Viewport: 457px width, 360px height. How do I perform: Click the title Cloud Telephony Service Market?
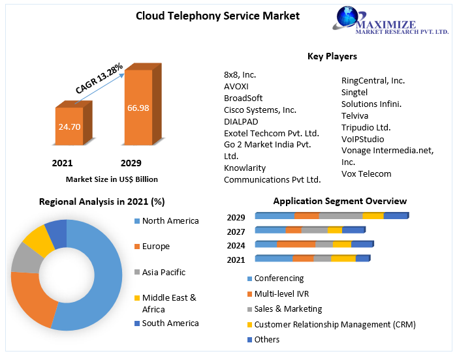[x=217, y=16]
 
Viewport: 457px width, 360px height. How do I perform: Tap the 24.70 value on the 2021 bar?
[x=69, y=127]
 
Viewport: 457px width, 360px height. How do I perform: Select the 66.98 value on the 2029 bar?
[x=138, y=108]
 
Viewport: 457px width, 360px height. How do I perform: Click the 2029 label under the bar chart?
[x=131, y=162]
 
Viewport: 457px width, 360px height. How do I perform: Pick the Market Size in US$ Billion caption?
[x=112, y=179]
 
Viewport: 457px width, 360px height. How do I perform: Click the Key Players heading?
[x=332, y=57]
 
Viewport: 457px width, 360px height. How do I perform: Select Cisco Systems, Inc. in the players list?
[x=260, y=110]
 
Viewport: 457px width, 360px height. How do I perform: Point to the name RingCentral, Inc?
[x=373, y=81]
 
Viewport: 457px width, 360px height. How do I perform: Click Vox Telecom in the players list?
[x=366, y=173]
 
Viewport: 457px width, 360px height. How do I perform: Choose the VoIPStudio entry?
[x=362, y=139]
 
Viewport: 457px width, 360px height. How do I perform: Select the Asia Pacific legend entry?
[x=163, y=272]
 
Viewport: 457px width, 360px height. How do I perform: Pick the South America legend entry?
[x=170, y=323]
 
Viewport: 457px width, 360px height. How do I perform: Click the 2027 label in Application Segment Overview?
[x=236, y=232]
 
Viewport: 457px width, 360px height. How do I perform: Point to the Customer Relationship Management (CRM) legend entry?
[x=334, y=324]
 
